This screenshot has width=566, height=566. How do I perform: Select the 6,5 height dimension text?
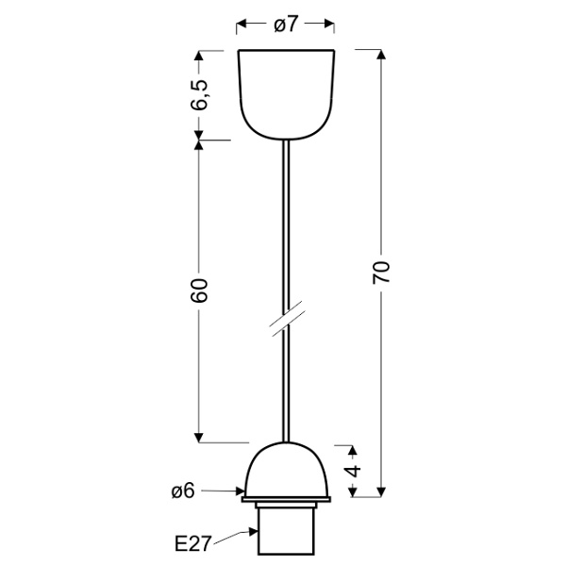(199, 95)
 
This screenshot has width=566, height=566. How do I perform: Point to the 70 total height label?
(381, 273)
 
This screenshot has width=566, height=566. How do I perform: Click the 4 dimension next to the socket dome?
(353, 470)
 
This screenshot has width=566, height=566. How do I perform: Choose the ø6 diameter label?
(183, 491)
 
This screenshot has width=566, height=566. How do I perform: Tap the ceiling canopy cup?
(286, 90)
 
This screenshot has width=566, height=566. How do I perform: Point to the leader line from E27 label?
(236, 539)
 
